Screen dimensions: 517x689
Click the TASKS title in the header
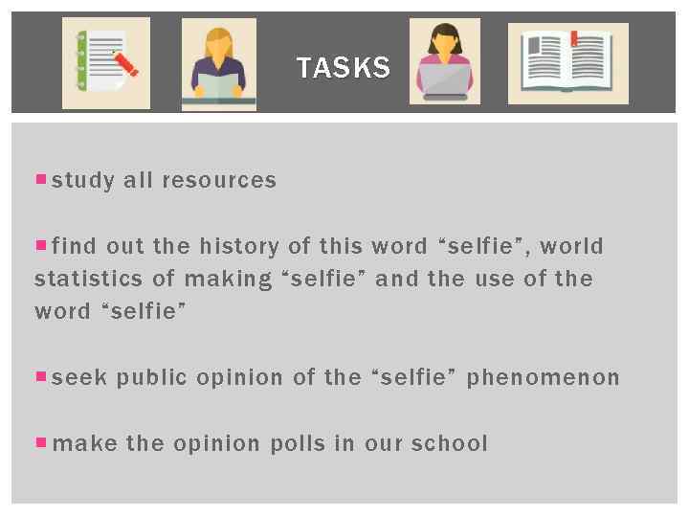click(343, 68)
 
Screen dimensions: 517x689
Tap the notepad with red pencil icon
click(106, 63)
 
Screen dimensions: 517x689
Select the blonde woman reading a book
click(219, 65)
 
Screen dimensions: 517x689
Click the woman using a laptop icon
click(445, 62)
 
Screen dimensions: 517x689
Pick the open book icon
click(567, 63)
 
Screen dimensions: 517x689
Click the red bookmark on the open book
click(574, 39)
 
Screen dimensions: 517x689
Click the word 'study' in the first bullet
click(83, 181)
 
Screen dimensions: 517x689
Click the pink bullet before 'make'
click(40, 442)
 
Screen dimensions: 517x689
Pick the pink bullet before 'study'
click(40, 179)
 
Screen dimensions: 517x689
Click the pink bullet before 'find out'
click(40, 245)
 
